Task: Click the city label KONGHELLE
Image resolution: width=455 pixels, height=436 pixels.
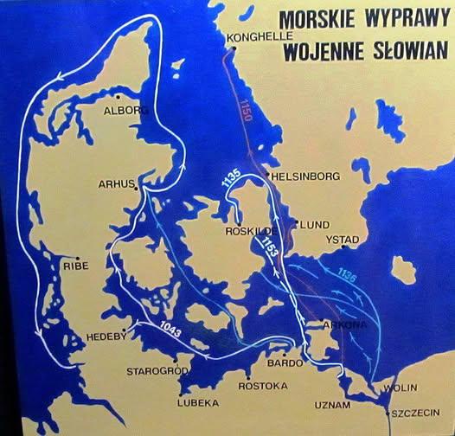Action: point(259,38)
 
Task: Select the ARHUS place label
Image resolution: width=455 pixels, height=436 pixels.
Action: point(116,184)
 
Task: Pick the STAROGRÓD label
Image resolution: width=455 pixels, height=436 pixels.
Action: point(156,371)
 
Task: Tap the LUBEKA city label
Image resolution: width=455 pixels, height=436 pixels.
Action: point(198,402)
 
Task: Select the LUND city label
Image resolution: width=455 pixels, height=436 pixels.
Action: point(311,224)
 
